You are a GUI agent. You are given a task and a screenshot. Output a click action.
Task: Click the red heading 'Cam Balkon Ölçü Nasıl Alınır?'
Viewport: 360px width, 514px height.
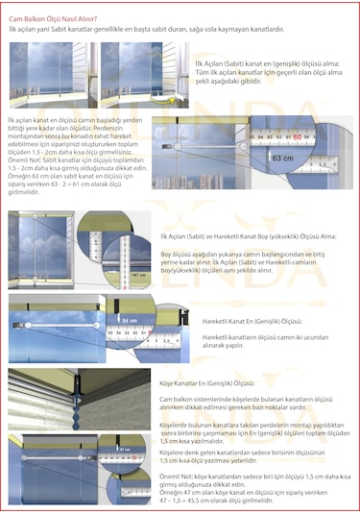point(52,17)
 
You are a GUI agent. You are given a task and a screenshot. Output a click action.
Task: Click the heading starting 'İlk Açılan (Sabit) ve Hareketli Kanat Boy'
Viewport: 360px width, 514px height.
point(249,235)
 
